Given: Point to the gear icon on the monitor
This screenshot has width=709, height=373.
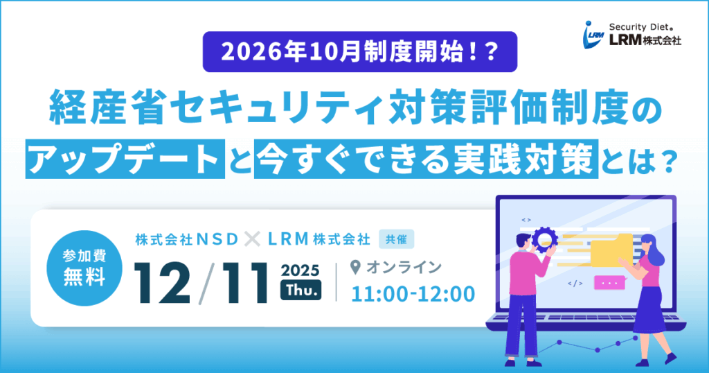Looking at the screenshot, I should (544, 240).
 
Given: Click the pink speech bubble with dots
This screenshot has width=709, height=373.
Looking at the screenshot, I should (610, 282).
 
